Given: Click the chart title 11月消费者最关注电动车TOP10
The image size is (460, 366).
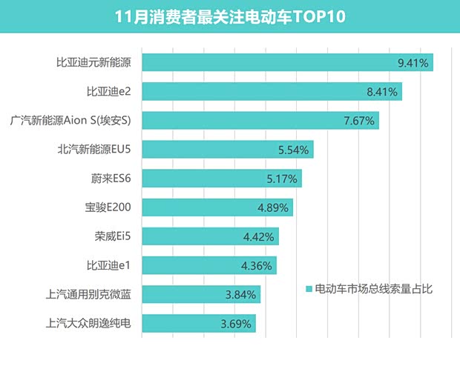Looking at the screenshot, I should point(229,16).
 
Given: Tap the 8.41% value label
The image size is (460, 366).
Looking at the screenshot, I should point(383,92).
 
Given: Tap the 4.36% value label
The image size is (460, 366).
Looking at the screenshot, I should point(257,265).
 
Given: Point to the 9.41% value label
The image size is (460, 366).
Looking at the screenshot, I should point(413,63).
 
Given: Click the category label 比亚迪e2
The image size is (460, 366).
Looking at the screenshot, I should point(109,92).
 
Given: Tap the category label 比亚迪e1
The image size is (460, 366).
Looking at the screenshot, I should point(109,265).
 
